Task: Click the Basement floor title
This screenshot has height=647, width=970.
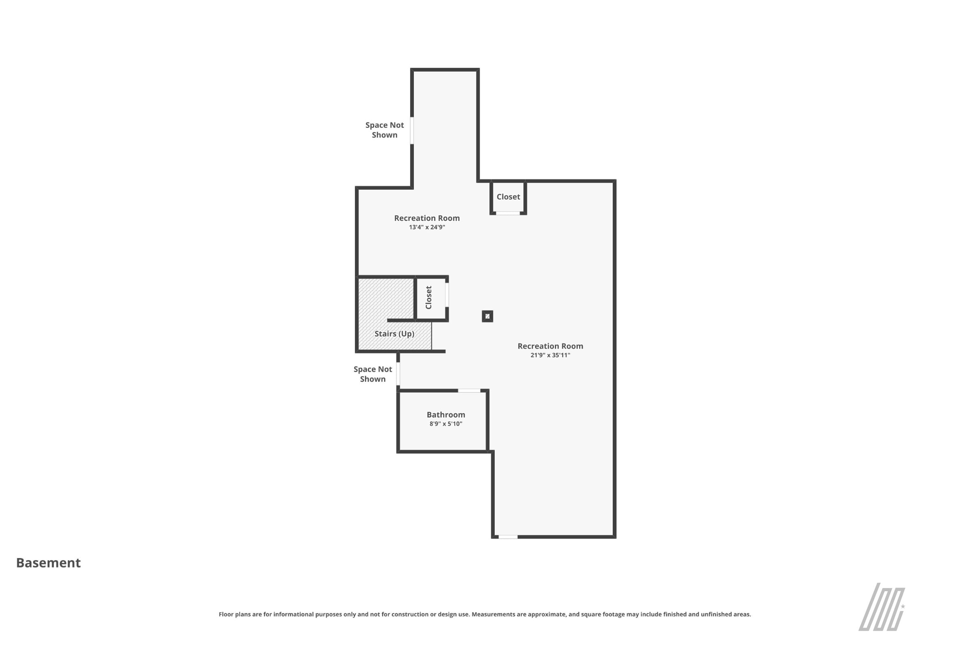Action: (x=48, y=563)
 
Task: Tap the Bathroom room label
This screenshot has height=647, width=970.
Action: (x=446, y=415)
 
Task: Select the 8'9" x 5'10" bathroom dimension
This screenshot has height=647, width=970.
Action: (x=446, y=424)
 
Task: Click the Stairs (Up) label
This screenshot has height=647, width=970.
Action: (x=394, y=334)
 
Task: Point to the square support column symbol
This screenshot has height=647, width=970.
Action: (x=487, y=316)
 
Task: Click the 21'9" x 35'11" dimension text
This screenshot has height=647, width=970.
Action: (x=550, y=355)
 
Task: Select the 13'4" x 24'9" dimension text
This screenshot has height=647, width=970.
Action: (x=427, y=227)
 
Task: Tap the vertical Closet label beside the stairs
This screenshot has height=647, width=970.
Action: (x=428, y=298)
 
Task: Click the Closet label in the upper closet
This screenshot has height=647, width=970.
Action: (x=508, y=197)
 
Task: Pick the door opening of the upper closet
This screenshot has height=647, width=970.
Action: (x=508, y=214)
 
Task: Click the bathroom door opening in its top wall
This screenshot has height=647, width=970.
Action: (x=469, y=390)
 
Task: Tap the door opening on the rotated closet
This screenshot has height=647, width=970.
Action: (x=447, y=295)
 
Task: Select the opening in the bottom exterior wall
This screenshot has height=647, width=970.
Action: (x=508, y=537)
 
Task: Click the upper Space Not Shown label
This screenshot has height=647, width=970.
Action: (x=384, y=130)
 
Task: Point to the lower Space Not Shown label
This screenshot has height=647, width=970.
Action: (x=373, y=374)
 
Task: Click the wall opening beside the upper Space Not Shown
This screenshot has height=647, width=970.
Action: (x=412, y=130)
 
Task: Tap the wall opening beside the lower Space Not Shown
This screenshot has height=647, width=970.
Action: (x=398, y=374)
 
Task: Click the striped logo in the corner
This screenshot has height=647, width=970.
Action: (x=882, y=607)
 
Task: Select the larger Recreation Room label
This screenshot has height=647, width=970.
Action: (x=550, y=346)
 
